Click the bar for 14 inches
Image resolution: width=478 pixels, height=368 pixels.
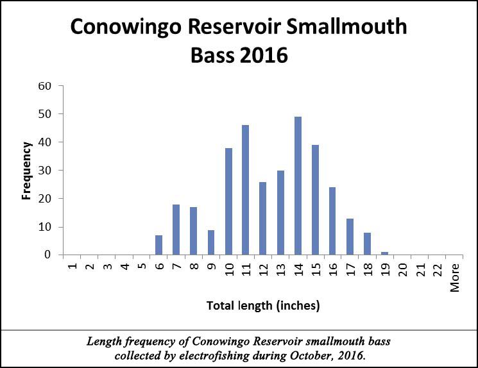point(298,186)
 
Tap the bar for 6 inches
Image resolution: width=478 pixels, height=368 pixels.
point(159,245)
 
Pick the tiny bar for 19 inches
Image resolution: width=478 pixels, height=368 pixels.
point(385,253)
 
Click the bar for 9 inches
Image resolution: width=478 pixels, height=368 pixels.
point(211,242)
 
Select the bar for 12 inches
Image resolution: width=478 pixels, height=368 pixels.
point(263,218)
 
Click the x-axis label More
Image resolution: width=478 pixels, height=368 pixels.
point(455,278)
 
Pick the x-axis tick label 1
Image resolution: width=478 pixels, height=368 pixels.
point(73,267)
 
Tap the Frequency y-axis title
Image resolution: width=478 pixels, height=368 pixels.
point(26,170)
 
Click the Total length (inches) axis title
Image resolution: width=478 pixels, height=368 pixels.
point(263,306)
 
